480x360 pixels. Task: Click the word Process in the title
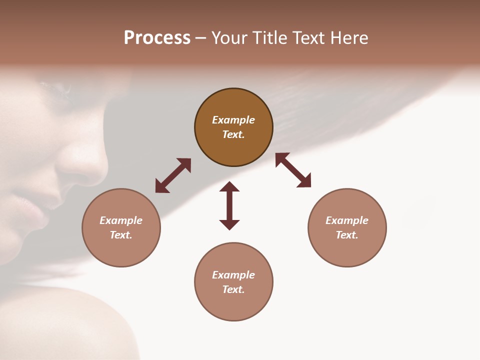pos(157,38)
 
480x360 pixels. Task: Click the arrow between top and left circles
pos(173,175)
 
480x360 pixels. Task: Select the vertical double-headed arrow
pos(229,205)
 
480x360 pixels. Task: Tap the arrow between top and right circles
pos(293,170)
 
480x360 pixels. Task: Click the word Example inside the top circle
pos(233,120)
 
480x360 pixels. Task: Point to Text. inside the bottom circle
pos(233,289)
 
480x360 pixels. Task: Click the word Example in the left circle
pos(121,220)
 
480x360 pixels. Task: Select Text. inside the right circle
pos(347,235)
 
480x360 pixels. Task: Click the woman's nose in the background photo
pos(85,165)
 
